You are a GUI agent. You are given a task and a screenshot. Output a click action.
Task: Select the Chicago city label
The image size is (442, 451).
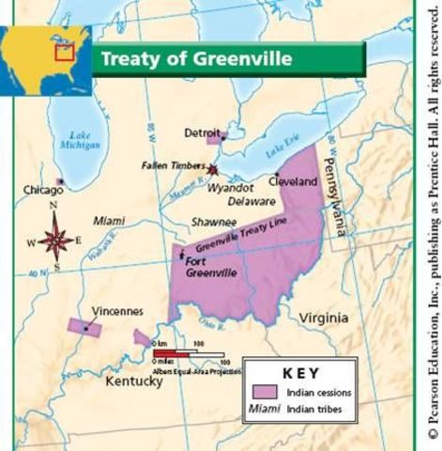(x=43, y=190)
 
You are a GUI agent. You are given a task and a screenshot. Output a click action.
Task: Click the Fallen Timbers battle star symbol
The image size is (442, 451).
(x=213, y=169)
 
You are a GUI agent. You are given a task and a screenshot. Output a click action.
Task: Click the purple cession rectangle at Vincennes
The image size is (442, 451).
(x=85, y=327)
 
